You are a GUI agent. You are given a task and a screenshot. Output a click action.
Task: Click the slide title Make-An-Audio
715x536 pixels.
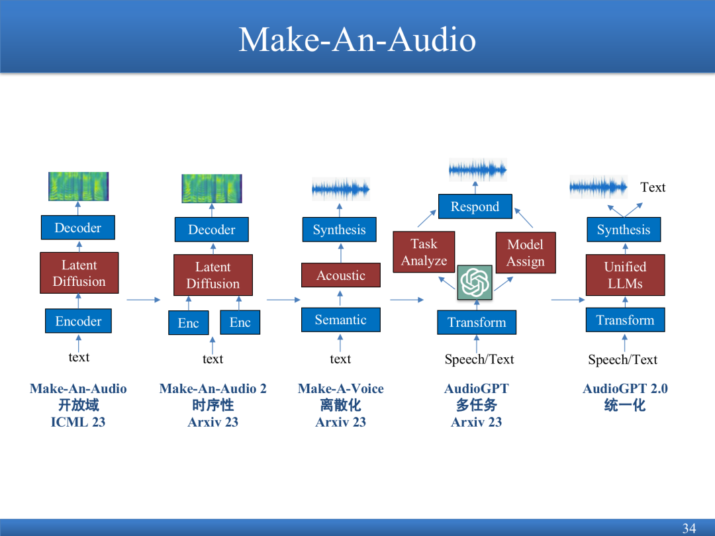coord(357,39)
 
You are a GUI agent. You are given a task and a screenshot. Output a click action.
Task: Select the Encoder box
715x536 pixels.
coord(78,321)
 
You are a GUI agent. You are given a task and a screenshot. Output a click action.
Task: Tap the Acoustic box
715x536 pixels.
coord(341,275)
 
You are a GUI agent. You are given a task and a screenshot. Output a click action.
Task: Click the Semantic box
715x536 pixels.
coord(341,320)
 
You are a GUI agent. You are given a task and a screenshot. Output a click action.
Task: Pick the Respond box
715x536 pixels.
coord(475,206)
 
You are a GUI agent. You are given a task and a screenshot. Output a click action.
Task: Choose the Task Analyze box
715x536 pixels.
coord(424,252)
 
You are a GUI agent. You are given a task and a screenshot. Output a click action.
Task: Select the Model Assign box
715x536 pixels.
coord(526,253)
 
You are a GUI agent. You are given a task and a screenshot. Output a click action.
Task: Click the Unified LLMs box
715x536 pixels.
coord(625,275)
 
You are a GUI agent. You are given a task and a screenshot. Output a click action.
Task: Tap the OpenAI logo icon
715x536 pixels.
coord(475,283)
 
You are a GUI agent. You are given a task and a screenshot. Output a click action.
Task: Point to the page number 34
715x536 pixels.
coord(689,528)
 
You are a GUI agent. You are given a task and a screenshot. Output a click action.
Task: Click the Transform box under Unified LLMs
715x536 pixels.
coord(625,320)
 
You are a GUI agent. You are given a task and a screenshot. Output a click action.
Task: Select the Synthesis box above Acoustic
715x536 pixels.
coord(339,229)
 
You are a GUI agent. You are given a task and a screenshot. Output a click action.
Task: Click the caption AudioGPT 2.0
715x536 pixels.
coord(625,388)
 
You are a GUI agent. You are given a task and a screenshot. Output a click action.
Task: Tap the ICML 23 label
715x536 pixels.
coord(78,422)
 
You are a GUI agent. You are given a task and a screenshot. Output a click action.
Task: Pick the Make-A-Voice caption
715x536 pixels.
coord(341,388)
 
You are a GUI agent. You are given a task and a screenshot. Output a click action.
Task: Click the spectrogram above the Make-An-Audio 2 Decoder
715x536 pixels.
coord(212,188)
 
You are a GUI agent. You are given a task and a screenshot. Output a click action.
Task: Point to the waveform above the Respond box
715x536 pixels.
coord(477,169)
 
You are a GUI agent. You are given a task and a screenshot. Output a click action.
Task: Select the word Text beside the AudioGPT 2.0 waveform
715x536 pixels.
coord(653,187)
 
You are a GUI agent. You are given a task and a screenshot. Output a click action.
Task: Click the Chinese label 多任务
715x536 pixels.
coord(477,405)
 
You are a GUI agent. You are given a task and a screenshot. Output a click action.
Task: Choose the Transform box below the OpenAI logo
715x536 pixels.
coord(477,322)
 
